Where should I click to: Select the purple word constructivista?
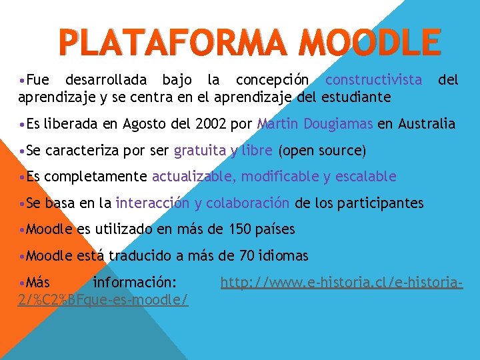pyautogui.click(x=373, y=81)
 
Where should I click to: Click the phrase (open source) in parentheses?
pyautogui.click(x=322, y=151)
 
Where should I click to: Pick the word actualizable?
pyautogui.click(x=193, y=177)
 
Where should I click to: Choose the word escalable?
pyautogui.click(x=365, y=177)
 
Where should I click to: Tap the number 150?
pyautogui.click(x=240, y=229)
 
